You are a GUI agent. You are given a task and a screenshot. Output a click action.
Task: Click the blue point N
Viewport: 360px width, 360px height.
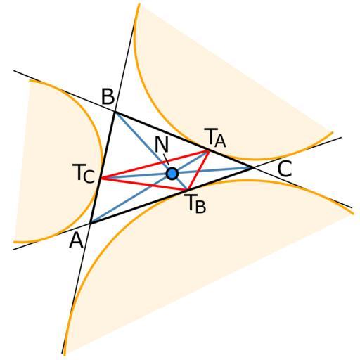pyautogui.click(x=172, y=174)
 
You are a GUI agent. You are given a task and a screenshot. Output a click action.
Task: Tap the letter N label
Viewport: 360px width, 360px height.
pyautogui.click(x=162, y=144)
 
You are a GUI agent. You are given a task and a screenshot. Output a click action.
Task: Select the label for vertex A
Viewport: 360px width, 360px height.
pyautogui.click(x=76, y=240)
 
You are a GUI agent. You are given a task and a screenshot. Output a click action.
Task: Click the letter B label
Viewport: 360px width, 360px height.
pyautogui.click(x=108, y=96)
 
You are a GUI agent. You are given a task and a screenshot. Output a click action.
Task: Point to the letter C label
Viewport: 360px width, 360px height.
pyautogui.click(x=285, y=168)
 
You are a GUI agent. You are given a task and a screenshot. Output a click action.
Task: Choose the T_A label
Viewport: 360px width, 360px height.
pyautogui.click(x=215, y=138)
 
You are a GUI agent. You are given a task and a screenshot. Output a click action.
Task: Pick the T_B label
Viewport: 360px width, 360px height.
pyautogui.click(x=195, y=204)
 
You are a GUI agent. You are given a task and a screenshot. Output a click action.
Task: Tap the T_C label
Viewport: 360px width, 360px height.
pyautogui.click(x=84, y=173)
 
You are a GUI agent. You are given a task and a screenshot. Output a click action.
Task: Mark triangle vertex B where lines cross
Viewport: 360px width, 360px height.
pyautogui.click(x=115, y=112)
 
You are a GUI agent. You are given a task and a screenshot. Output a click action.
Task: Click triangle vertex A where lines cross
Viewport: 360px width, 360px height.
pyautogui.click(x=90, y=223)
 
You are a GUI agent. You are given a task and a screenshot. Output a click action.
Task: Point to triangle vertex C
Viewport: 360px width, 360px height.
pyautogui.click(x=253, y=167)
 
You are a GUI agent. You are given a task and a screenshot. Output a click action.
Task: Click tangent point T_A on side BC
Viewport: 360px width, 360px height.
pyautogui.click(x=209, y=150)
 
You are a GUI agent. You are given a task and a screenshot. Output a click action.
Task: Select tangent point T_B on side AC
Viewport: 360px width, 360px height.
pyautogui.click(x=187, y=189)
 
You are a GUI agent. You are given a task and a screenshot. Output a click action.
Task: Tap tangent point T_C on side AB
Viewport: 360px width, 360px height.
pyautogui.click(x=101, y=179)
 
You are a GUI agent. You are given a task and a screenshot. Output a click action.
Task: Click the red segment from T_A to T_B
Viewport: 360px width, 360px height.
pyautogui.click(x=198, y=170)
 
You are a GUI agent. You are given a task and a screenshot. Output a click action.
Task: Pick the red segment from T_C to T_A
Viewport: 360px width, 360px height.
pyautogui.click(x=155, y=165)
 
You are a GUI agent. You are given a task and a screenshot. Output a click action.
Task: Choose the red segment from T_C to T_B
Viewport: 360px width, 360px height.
pyautogui.click(x=144, y=184)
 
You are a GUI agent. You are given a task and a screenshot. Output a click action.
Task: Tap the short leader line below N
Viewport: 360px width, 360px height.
pyautogui.click(x=166, y=159)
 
